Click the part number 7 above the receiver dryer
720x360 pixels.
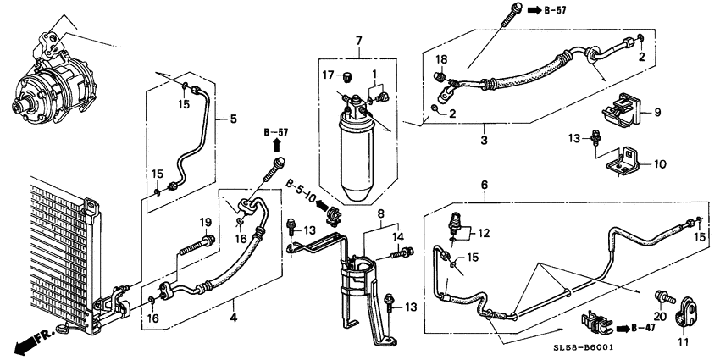point(359,41)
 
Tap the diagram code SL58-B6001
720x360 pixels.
point(583,348)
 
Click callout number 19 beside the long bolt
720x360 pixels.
point(205,223)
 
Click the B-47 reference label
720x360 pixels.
point(637,328)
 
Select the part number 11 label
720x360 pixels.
point(681,341)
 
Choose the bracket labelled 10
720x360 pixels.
point(623,161)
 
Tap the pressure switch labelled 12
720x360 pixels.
point(456,223)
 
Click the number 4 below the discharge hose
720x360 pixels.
point(233,317)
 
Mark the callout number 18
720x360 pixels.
point(441,59)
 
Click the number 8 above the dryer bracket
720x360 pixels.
point(380,213)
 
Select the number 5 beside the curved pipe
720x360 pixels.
point(233,119)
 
